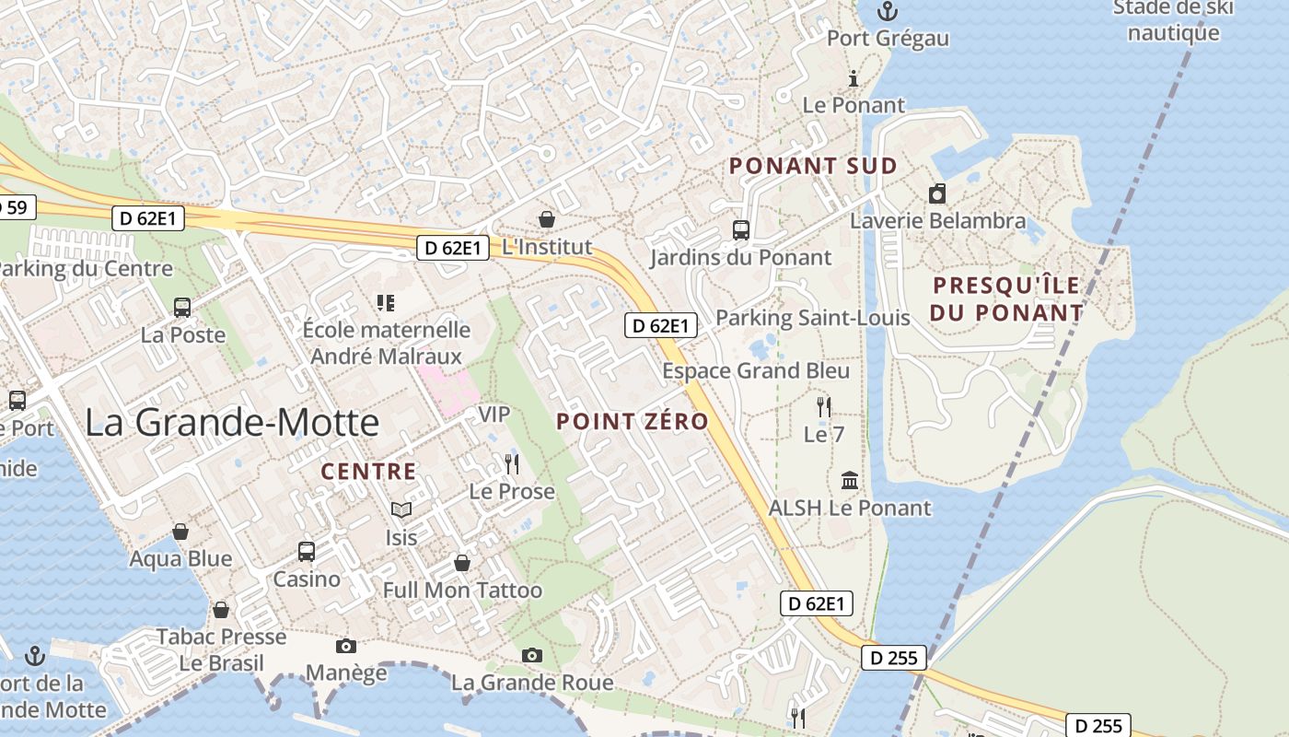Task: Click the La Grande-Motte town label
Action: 232,423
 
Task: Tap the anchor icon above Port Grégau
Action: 888,11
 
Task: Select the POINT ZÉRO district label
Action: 633,422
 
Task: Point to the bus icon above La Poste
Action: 182,308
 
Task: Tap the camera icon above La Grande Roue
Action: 531,655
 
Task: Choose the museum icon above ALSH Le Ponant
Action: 850,481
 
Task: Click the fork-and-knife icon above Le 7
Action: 824,405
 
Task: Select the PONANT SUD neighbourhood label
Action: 813,167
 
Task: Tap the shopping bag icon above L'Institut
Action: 547,219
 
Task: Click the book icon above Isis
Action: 401,509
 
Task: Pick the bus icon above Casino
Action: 307,552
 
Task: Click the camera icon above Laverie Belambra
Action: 937,193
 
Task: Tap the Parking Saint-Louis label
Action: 812,318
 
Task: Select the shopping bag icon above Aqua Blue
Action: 180,532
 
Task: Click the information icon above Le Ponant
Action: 854,78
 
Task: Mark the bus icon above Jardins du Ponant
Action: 740,230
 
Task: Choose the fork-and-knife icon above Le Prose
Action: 512,463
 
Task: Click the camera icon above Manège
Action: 346,646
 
